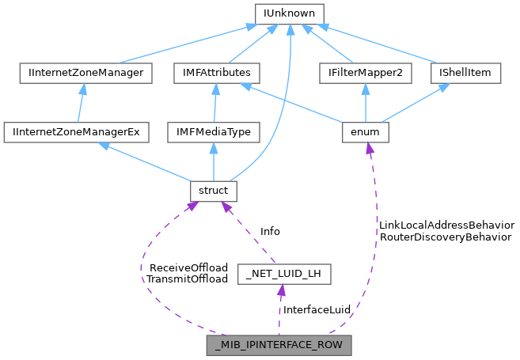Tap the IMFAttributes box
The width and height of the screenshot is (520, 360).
pos(213,73)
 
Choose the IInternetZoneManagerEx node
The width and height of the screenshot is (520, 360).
pos(76,131)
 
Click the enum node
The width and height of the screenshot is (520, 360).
pos(365,131)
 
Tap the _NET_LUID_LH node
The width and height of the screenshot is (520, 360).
pos(284,275)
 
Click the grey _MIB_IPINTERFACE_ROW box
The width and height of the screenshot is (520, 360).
pos(279,345)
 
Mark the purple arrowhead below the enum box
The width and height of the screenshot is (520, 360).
pos(368,148)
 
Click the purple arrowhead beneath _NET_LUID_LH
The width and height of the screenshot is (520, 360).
pos(282,290)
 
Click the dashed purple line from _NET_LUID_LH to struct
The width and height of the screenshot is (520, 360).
pos(250,234)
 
